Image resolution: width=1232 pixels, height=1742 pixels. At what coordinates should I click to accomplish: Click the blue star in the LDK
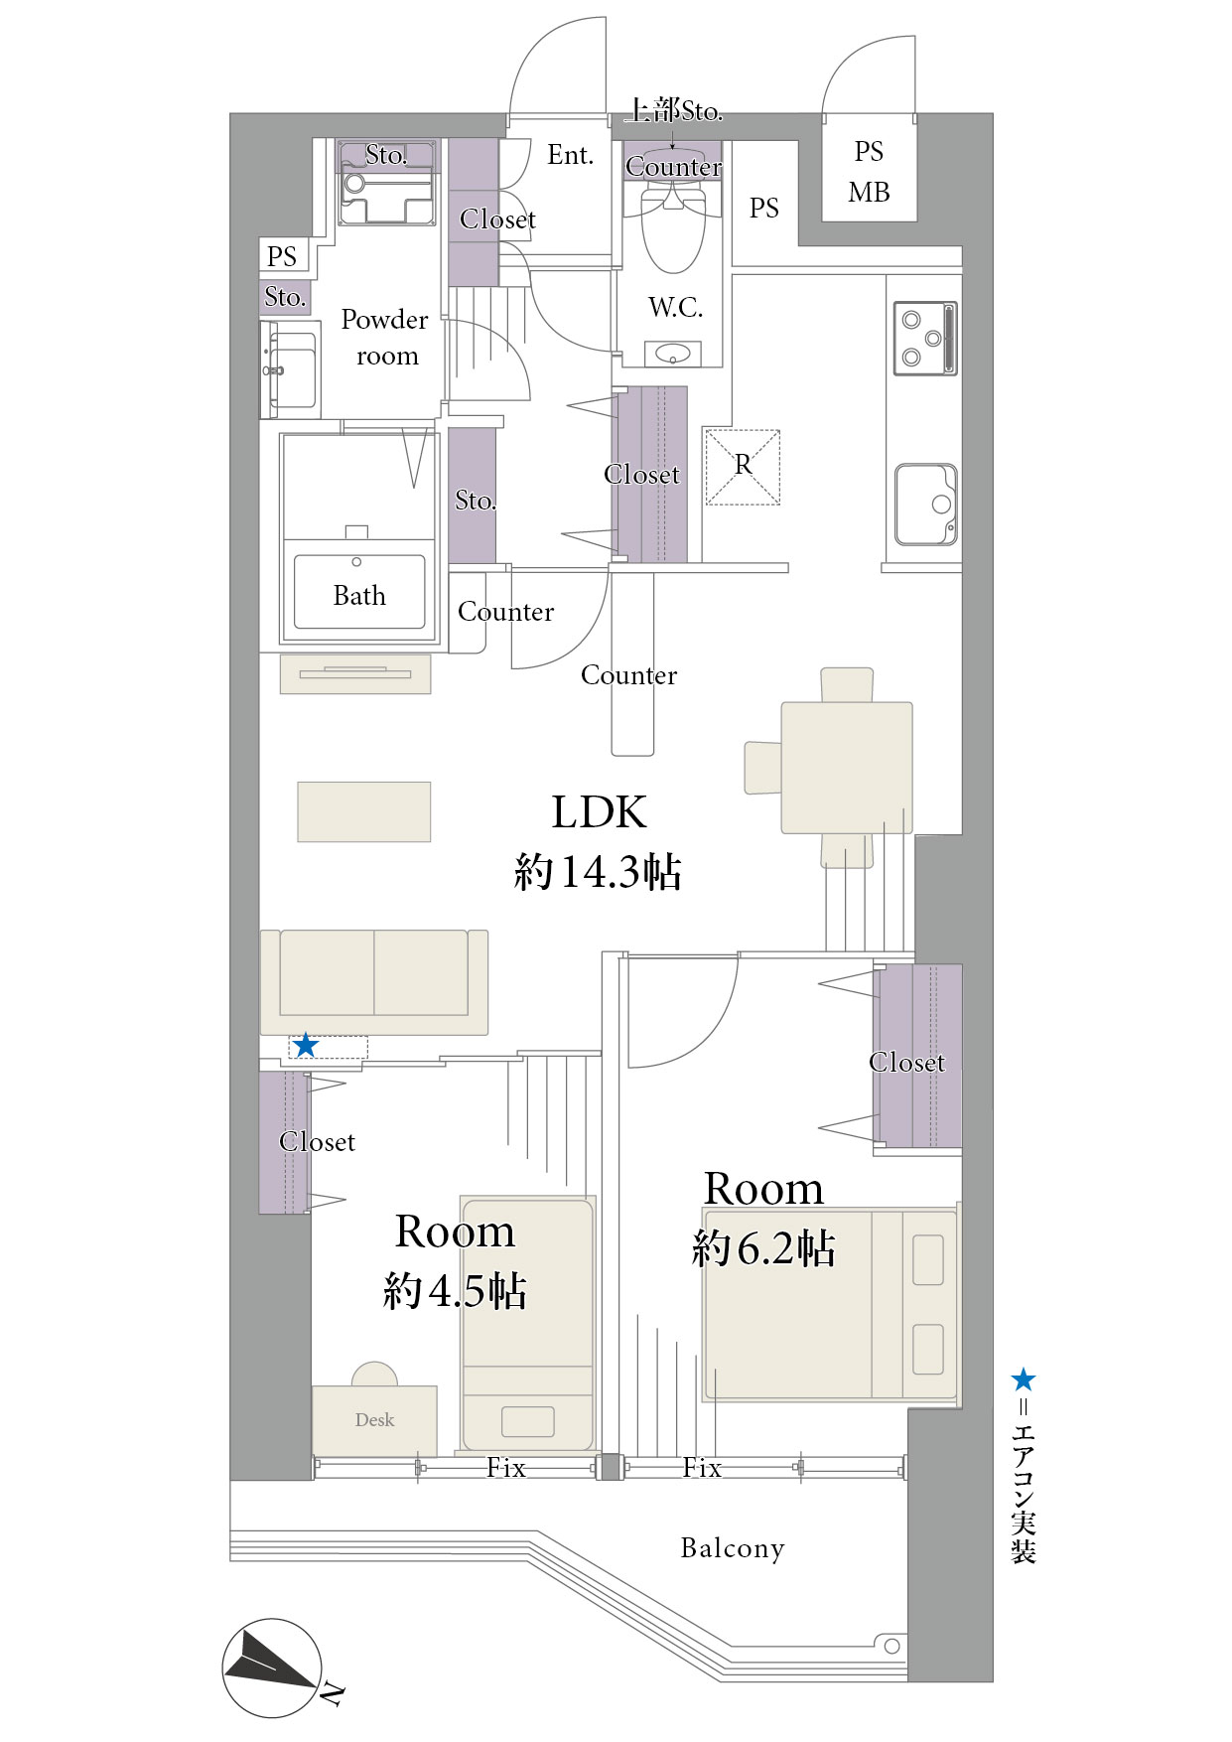click(x=306, y=1045)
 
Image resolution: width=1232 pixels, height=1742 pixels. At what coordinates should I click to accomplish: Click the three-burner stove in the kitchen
click(x=925, y=339)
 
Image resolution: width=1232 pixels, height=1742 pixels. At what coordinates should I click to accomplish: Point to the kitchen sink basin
click(x=926, y=505)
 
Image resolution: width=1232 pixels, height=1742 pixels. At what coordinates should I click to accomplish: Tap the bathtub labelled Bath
click(x=359, y=591)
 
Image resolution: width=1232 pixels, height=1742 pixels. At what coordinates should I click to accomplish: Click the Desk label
click(x=374, y=1420)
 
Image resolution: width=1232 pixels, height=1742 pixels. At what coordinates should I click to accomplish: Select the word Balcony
click(x=733, y=1548)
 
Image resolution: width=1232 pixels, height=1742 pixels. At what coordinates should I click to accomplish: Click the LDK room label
click(x=599, y=812)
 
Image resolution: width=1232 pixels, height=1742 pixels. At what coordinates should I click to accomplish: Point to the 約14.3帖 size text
click(x=598, y=872)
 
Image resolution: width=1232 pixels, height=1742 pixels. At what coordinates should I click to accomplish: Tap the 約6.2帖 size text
click(x=763, y=1247)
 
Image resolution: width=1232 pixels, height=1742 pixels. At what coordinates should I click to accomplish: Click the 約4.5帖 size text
click(x=455, y=1290)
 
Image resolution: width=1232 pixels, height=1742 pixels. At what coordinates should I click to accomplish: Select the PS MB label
click(x=869, y=172)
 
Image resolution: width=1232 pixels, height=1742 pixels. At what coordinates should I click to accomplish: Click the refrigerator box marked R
click(x=743, y=467)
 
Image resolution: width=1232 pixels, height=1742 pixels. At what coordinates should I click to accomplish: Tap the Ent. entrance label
click(x=570, y=155)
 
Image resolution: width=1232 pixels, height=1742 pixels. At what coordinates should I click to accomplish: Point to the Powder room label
click(x=384, y=338)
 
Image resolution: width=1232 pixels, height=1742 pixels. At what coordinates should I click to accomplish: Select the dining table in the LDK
click(x=847, y=768)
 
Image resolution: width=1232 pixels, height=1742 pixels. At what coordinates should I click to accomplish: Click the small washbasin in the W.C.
click(x=673, y=354)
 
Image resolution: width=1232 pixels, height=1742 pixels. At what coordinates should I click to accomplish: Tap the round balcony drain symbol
click(x=891, y=1646)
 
